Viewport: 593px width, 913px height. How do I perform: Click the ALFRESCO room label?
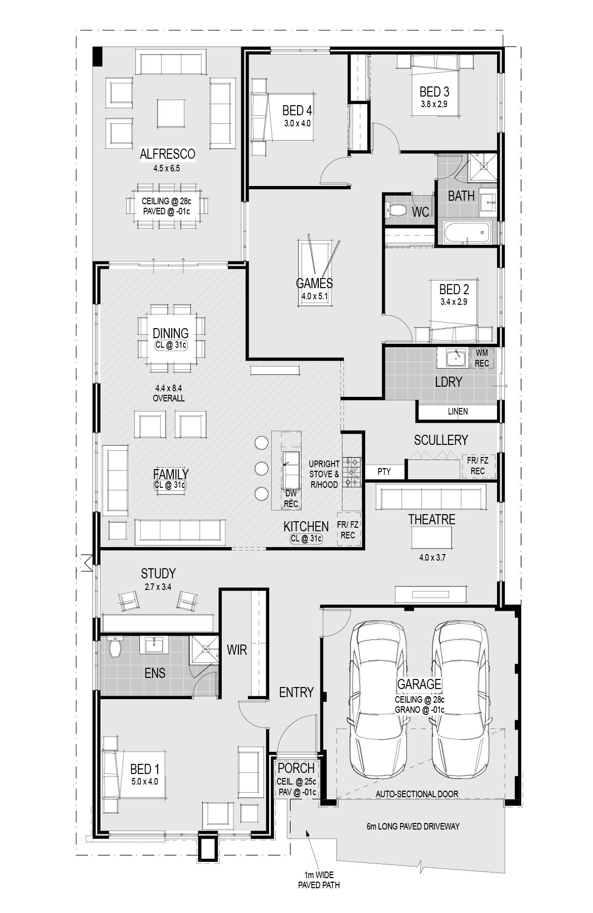point(167,154)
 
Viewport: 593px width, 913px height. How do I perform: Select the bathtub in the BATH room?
point(467,233)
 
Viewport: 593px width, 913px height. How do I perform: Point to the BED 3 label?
point(434,92)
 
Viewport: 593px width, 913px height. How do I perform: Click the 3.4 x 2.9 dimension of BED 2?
point(454,302)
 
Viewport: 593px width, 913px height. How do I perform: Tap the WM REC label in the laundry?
point(482,358)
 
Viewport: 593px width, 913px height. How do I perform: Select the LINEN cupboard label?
point(458,412)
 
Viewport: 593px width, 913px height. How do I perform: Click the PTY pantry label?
point(384,471)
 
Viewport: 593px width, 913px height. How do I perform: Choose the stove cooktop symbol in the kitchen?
point(352,472)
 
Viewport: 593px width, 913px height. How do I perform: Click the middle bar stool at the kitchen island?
point(261,468)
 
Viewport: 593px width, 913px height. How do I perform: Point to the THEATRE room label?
point(432,519)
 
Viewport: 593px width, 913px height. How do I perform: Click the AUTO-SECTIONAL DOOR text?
point(417,794)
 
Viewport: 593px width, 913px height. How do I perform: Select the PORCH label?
point(296,768)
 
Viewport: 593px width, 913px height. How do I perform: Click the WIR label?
point(236,650)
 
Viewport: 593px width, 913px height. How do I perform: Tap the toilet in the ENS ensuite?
point(115,647)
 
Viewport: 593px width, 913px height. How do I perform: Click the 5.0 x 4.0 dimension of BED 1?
point(144,781)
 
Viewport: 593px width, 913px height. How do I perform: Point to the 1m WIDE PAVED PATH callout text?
point(319,880)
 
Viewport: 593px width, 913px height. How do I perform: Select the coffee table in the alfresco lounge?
point(171,113)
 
